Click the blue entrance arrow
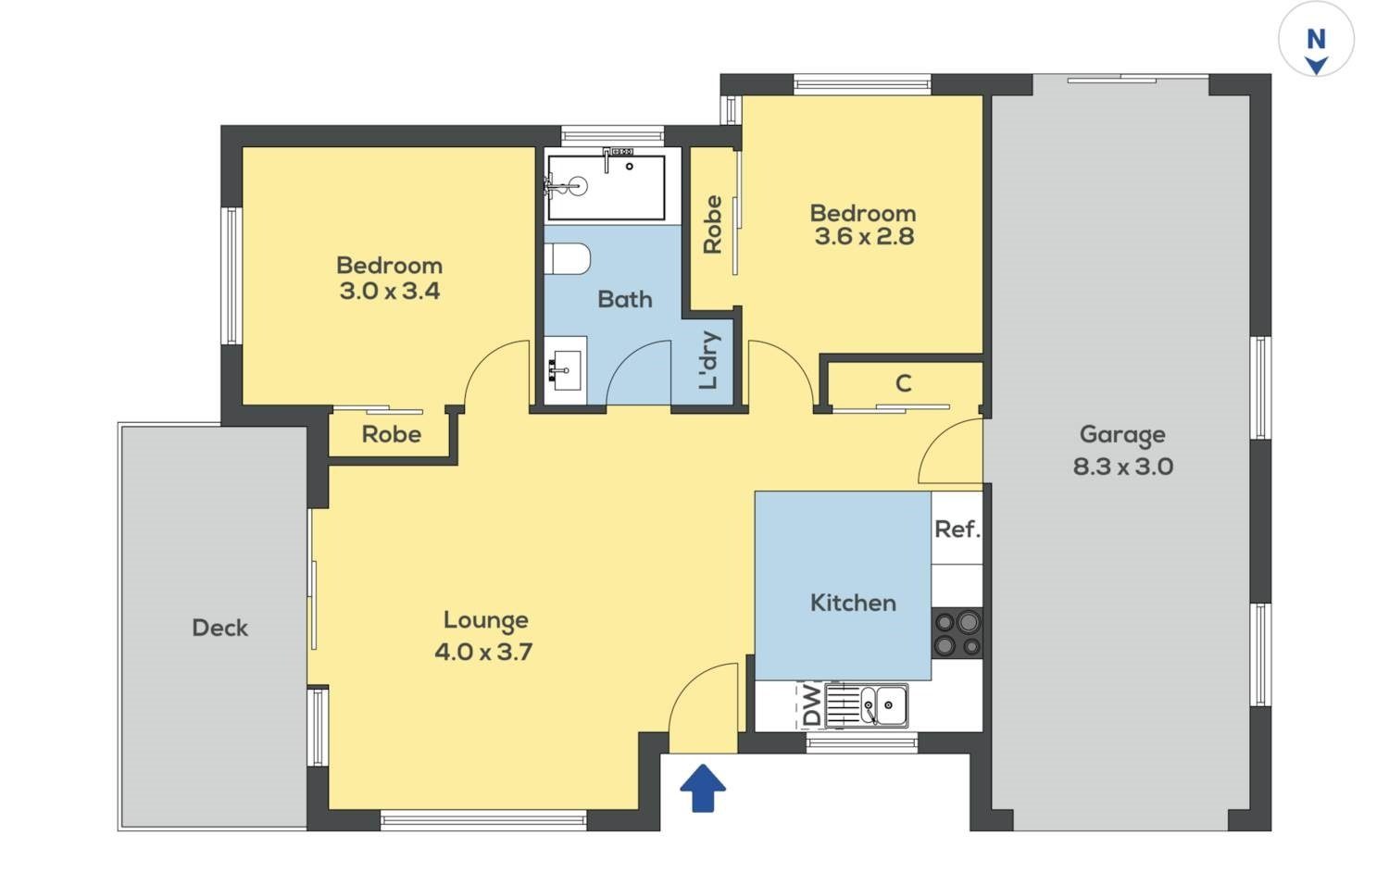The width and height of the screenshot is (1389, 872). click(x=703, y=788)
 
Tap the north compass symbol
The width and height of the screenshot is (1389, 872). click(x=1316, y=40)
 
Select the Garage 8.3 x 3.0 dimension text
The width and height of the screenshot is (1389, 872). click(x=1123, y=467)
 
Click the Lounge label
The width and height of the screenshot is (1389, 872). click(x=486, y=621)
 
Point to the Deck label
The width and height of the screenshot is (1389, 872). click(x=220, y=628)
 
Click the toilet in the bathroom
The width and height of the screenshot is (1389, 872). click(x=567, y=258)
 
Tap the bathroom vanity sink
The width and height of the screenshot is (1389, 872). click(x=566, y=370)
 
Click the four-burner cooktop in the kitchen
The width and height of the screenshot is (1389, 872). click(x=957, y=633)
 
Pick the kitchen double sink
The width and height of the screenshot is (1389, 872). click(x=876, y=706)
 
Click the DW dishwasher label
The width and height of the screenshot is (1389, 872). click(x=812, y=706)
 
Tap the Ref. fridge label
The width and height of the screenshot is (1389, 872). click(x=957, y=529)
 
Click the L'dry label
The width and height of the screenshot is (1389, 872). click(x=709, y=361)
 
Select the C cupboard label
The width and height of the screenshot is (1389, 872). click(x=904, y=383)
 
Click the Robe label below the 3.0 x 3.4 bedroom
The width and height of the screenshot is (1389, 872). click(x=392, y=434)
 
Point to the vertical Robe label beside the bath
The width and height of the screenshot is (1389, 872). click(x=713, y=224)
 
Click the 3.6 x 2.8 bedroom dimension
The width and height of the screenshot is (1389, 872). click(x=864, y=236)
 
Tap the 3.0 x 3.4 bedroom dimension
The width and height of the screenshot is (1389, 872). click(x=390, y=291)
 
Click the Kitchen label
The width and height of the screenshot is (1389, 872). click(x=853, y=603)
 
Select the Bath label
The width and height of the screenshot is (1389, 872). click(x=625, y=300)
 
